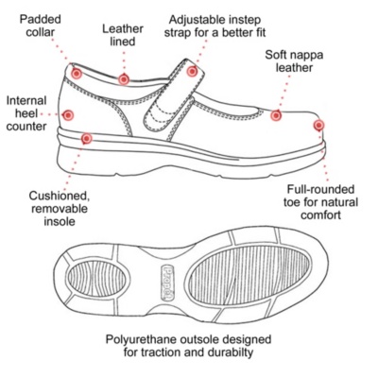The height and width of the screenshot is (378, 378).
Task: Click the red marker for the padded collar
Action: pos(77,74)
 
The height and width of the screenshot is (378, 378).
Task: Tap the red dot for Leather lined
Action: pos(124,79)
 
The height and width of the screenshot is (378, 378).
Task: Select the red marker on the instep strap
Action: pos(192,71)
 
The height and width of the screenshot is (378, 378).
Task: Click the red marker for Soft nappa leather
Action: pos(276,115)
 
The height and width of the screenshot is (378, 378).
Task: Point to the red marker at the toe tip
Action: pos(318,125)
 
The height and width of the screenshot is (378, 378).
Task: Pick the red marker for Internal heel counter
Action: pos(68,115)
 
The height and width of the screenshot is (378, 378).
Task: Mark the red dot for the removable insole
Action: pos(86,138)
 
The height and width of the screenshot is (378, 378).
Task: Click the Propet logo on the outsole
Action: pos(168,283)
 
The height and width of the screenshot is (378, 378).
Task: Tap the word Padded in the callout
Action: pos(41,19)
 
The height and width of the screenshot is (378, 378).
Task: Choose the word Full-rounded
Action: pos(320,189)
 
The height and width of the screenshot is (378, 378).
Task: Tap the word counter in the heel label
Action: pos(26,127)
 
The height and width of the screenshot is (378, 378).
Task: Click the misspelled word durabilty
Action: pos(231,352)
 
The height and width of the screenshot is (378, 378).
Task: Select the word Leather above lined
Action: pos(123,29)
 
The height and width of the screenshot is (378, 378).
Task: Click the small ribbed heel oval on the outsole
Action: pos(98,278)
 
